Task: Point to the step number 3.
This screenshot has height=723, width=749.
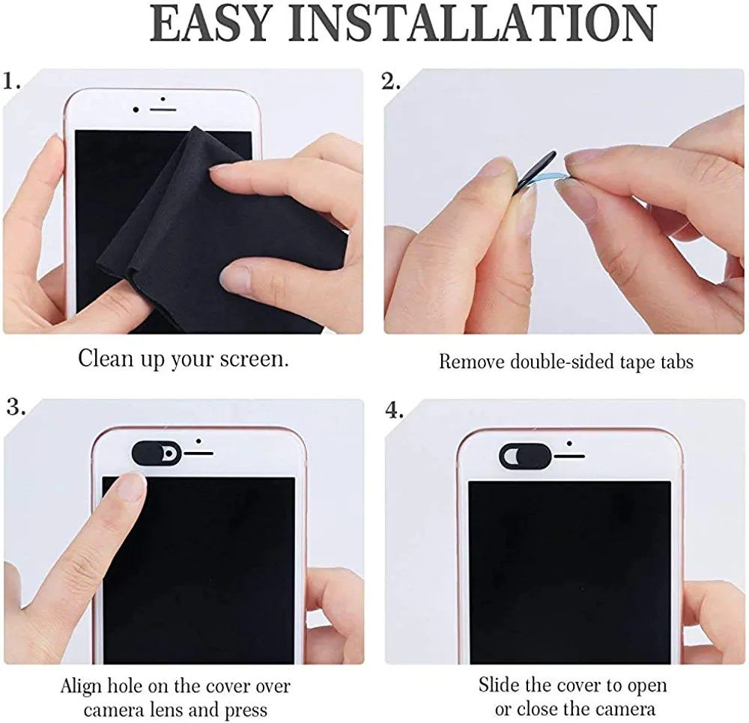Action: point(16,407)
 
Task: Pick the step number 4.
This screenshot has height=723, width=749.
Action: point(394,410)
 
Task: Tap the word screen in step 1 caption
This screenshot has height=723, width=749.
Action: point(254,359)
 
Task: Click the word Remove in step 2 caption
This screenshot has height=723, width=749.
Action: point(472,361)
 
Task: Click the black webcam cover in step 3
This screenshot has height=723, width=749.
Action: point(157,452)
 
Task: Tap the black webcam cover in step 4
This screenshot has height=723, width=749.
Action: point(525,455)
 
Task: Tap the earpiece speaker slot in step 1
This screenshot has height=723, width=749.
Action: point(163,110)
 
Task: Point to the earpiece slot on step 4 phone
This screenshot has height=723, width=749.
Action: point(569,457)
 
